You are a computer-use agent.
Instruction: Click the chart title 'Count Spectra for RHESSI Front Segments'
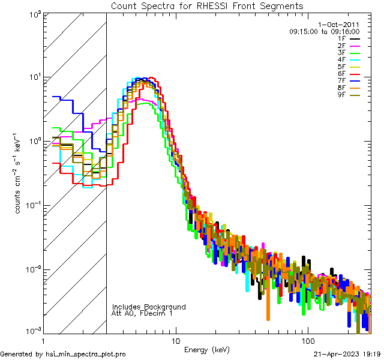[207, 6]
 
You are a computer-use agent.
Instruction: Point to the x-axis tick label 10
[175, 341]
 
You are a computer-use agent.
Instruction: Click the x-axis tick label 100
[307, 341]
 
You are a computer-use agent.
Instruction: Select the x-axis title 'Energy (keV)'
[207, 349]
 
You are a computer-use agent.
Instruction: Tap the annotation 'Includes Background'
[149, 307]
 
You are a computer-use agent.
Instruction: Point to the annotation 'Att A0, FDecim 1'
[142, 313]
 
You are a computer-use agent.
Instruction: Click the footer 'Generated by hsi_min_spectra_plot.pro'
[63, 355]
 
